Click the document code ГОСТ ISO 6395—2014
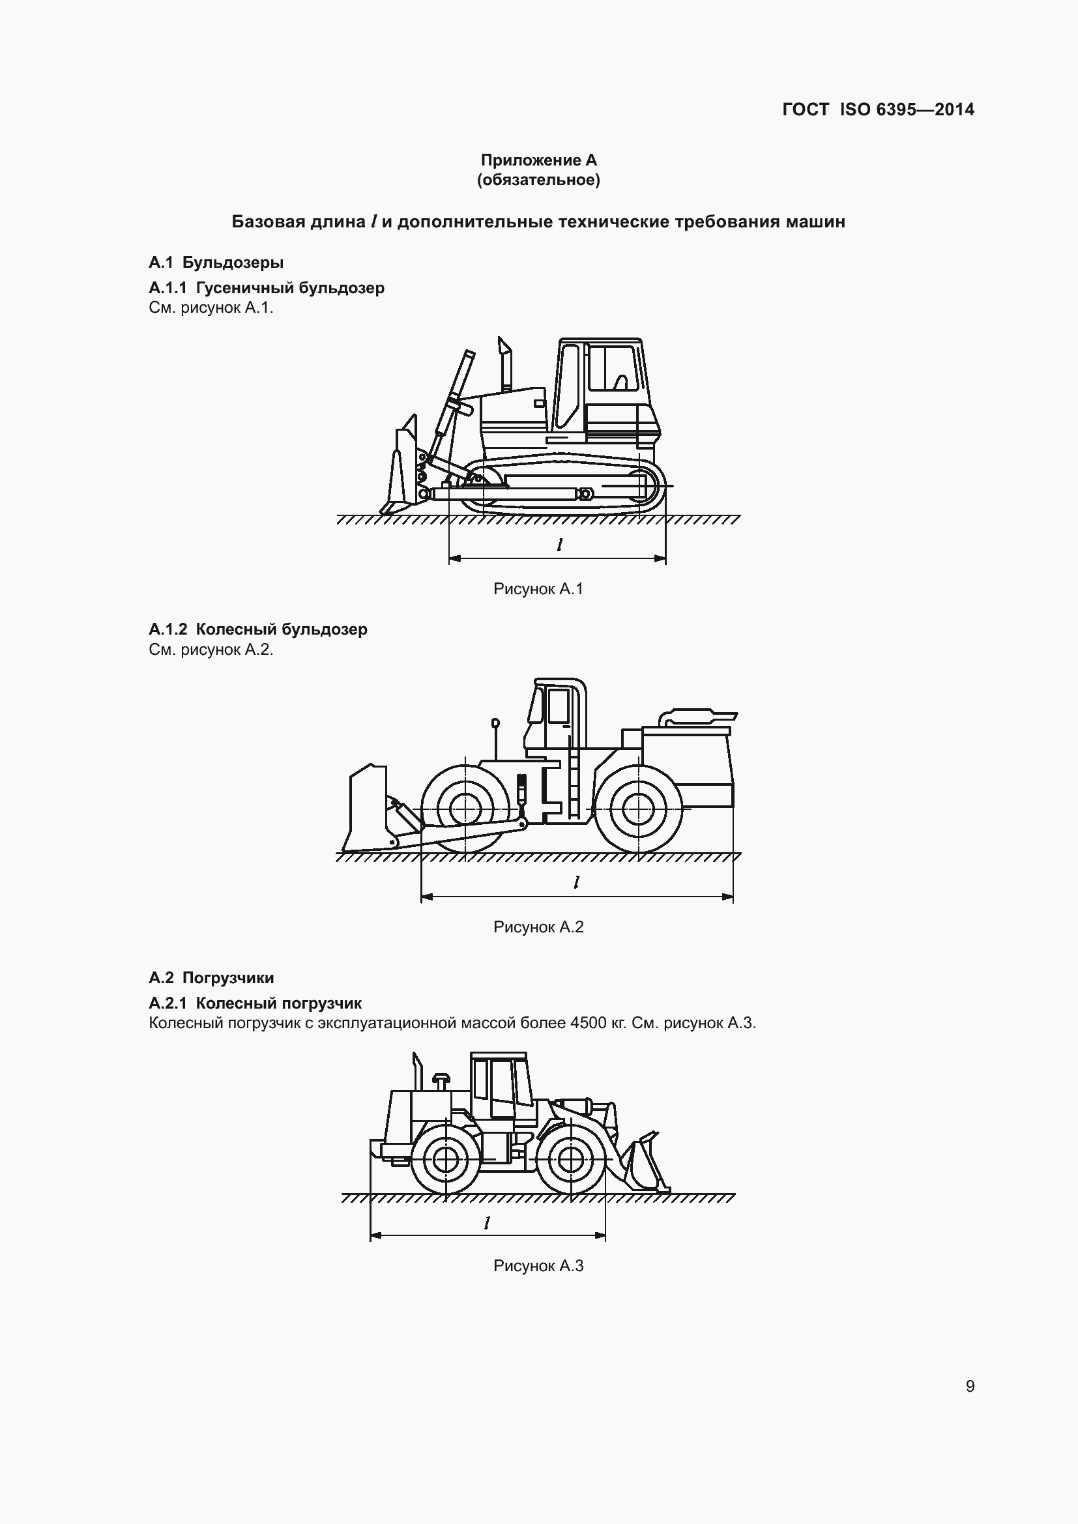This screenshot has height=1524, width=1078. (877, 109)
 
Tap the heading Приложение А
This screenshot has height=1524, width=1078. (538, 160)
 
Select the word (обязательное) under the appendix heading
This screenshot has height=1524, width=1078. (538, 180)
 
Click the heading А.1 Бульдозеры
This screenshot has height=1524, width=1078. (216, 262)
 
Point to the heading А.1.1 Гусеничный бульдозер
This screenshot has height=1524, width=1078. (266, 287)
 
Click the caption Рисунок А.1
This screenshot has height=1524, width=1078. (538, 589)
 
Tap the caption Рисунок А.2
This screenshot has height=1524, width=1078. (538, 927)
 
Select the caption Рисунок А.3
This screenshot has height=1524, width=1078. (538, 1266)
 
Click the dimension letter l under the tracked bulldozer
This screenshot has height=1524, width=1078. (560, 545)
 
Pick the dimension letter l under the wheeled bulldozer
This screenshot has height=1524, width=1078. (576, 883)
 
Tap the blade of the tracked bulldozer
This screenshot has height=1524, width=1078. (401, 471)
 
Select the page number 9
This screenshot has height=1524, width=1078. (970, 1386)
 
